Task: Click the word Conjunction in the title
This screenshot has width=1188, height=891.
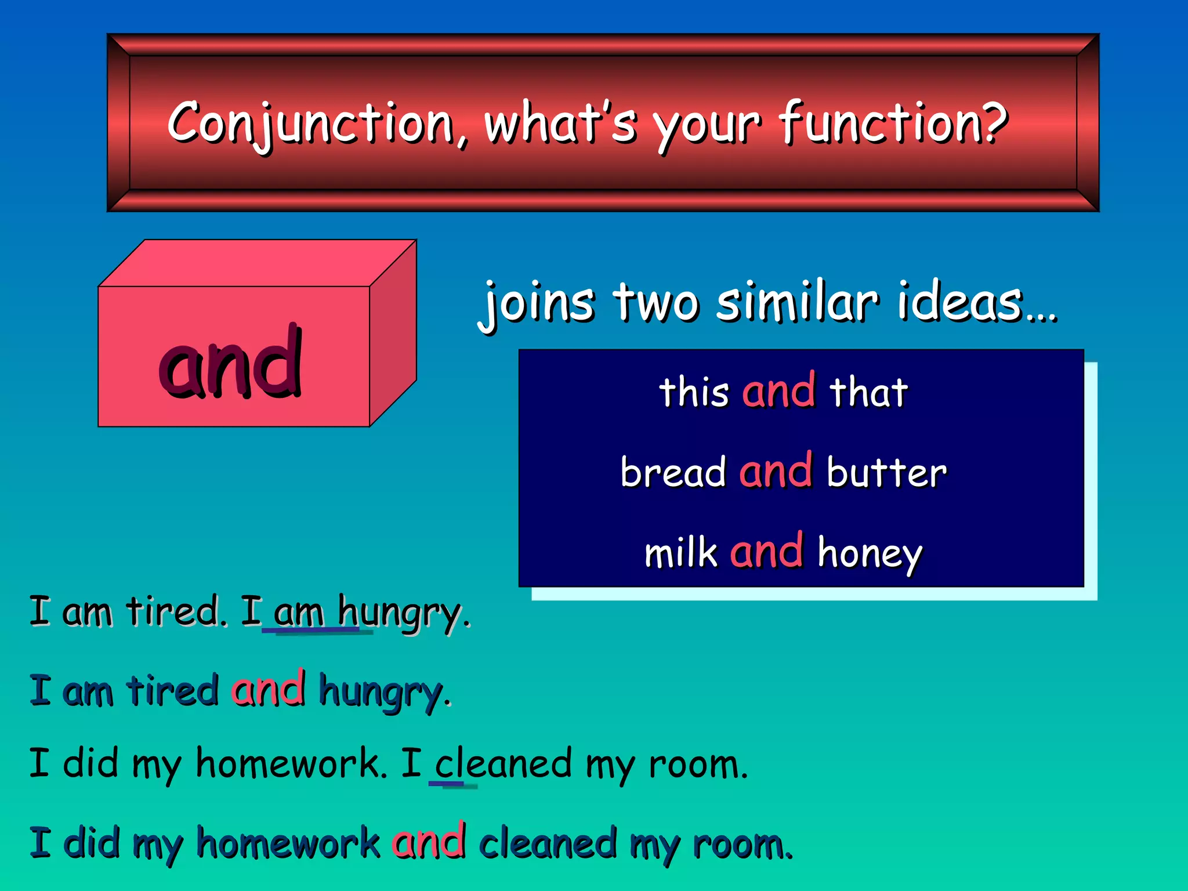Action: pos(310,124)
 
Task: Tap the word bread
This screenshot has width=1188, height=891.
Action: pos(672,472)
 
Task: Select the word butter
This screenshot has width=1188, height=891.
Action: pos(886,472)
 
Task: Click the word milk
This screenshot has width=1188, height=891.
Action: pos(680,552)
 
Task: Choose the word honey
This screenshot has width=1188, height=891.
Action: pos(870,554)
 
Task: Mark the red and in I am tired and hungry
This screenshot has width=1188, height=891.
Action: pos(269,690)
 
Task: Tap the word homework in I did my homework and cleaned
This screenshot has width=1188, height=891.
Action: pos(288,843)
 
